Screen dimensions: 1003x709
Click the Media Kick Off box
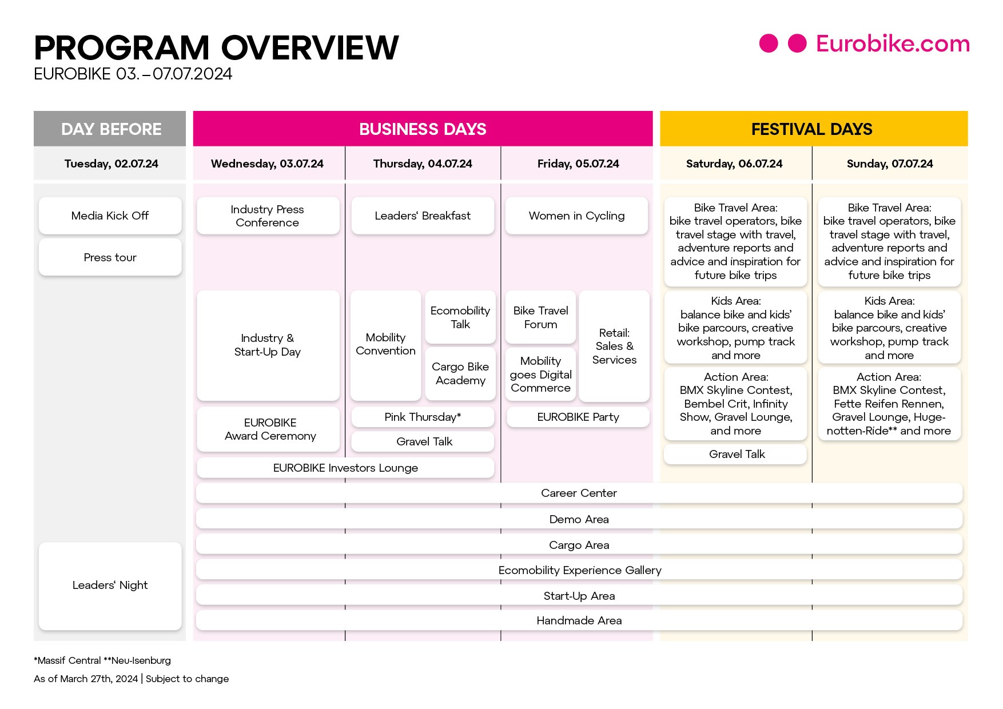[x=110, y=216]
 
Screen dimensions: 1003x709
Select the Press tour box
[x=110, y=257]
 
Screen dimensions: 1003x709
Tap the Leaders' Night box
[x=110, y=585]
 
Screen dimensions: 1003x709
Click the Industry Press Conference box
[x=268, y=216]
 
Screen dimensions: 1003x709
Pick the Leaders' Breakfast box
[x=423, y=216]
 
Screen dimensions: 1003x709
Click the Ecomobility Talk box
[x=460, y=317]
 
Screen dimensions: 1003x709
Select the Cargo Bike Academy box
[x=460, y=373]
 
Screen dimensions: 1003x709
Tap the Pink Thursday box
[x=423, y=417]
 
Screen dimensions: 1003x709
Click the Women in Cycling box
[x=576, y=216]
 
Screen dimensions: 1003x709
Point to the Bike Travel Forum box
[x=540, y=317]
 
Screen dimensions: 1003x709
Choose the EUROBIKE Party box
[x=578, y=417]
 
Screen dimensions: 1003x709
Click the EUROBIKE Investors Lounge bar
[x=345, y=468]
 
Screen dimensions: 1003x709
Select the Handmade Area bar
[x=579, y=620]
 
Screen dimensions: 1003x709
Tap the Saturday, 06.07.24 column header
[x=734, y=164]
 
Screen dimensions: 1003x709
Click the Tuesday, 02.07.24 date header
[x=111, y=164]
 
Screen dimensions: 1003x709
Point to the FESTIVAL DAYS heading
[x=812, y=129]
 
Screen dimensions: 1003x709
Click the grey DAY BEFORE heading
[x=111, y=129]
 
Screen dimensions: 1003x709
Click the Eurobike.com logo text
[x=893, y=43]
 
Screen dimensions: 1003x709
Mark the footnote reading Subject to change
[x=187, y=679]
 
